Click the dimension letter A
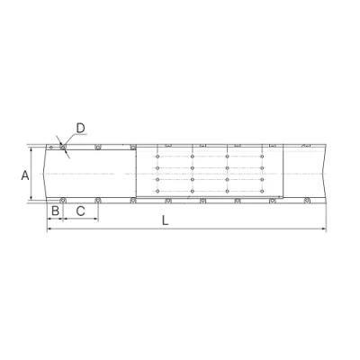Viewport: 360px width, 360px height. coord(25,175)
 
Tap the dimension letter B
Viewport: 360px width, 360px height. coord(55,211)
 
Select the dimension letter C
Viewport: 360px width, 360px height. coord(80,211)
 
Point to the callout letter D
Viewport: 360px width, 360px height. coord(81,129)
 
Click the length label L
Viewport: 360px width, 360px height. coord(166,220)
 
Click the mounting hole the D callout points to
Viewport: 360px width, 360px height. coord(63,147)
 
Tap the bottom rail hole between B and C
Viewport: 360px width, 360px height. coord(63,200)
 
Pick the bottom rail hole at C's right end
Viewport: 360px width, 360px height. coord(97,200)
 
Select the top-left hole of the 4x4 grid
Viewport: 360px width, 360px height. coord(157,157)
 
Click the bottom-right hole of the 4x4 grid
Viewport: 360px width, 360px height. coord(262,191)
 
